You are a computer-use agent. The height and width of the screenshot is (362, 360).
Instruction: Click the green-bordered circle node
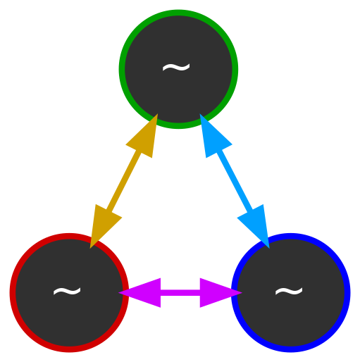178,69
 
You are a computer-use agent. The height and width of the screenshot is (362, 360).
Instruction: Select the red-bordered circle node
69,293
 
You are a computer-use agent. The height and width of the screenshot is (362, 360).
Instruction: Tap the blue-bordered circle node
291,293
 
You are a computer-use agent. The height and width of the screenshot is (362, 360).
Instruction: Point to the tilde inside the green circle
176,68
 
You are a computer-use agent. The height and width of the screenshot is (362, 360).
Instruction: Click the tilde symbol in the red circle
67,292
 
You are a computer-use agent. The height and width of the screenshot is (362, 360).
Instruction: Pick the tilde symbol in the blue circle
289,292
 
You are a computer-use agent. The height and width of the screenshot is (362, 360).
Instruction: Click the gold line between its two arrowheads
124,181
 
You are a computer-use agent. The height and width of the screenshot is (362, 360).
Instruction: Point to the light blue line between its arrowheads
235,181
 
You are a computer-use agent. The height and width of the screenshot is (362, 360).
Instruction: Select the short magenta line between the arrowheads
180,293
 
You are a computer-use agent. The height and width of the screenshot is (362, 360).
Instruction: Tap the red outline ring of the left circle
13,293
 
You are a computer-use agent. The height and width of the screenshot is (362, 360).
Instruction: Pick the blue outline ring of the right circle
347,293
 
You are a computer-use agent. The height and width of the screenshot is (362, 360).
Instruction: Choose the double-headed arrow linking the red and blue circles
180,293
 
